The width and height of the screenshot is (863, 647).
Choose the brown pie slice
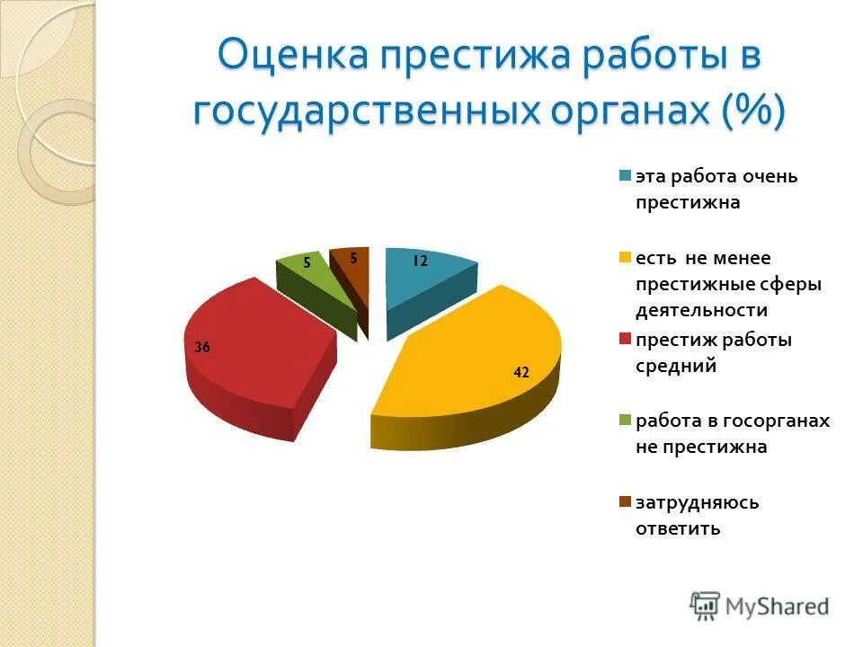coord(352,274)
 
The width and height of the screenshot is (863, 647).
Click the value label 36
coord(202,347)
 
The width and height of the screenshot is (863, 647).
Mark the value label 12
coord(420,261)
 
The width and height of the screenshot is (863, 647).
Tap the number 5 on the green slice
coord(307,263)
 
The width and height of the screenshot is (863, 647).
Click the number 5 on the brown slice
coord(353,258)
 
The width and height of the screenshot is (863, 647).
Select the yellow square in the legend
coord(624,258)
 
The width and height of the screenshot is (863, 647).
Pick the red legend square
coord(624,340)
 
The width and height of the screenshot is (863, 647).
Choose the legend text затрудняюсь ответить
coord(697,515)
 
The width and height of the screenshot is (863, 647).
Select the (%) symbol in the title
coord(752,112)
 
